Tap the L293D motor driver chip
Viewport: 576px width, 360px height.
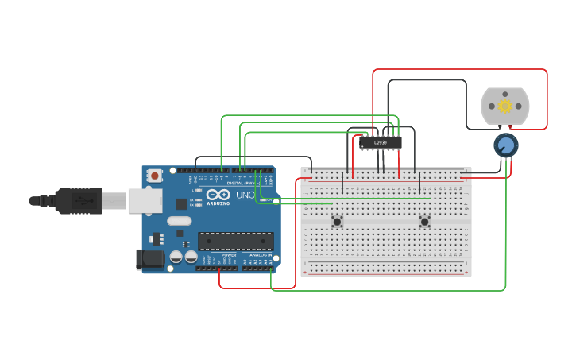click(381, 143)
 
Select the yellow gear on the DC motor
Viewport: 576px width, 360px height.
click(504, 106)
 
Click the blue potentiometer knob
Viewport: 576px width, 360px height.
click(505, 145)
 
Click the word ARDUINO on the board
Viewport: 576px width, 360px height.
click(218, 204)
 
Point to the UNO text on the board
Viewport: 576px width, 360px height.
click(245, 195)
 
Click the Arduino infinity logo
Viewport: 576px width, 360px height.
click(217, 195)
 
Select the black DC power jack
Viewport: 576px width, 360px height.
click(149, 258)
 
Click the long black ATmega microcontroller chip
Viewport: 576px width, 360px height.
click(236, 241)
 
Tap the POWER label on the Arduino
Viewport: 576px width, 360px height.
click(228, 254)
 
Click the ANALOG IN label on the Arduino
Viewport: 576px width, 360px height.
click(259, 254)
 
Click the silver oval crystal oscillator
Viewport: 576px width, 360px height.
click(180, 221)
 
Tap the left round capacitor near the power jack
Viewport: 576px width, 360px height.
click(176, 257)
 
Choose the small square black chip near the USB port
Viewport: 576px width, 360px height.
click(181, 203)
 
